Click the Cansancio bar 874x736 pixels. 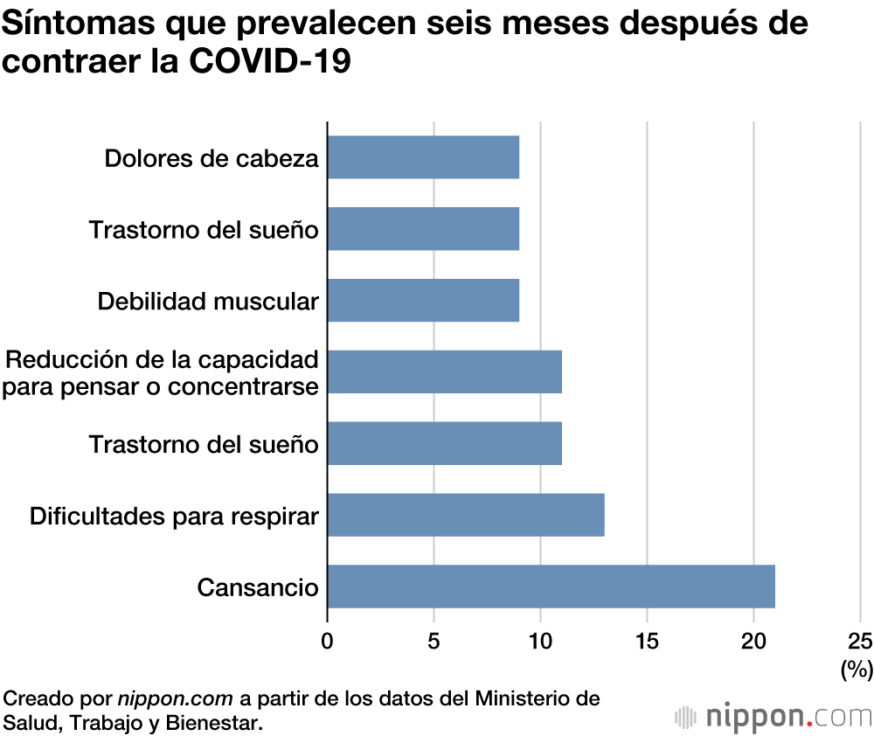[x=551, y=587]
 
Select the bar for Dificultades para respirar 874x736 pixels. [x=466, y=515]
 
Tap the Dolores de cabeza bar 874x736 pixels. [x=423, y=157]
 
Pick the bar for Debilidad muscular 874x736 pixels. [x=423, y=301]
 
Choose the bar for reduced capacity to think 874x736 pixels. [x=444, y=372]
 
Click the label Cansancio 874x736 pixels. [x=258, y=587]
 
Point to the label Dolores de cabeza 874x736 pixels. [x=212, y=158]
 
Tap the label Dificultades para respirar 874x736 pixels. [x=174, y=516]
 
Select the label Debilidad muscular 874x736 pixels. [x=208, y=302]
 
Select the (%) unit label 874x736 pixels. [x=857, y=670]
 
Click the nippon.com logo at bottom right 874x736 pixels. [x=773, y=717]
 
